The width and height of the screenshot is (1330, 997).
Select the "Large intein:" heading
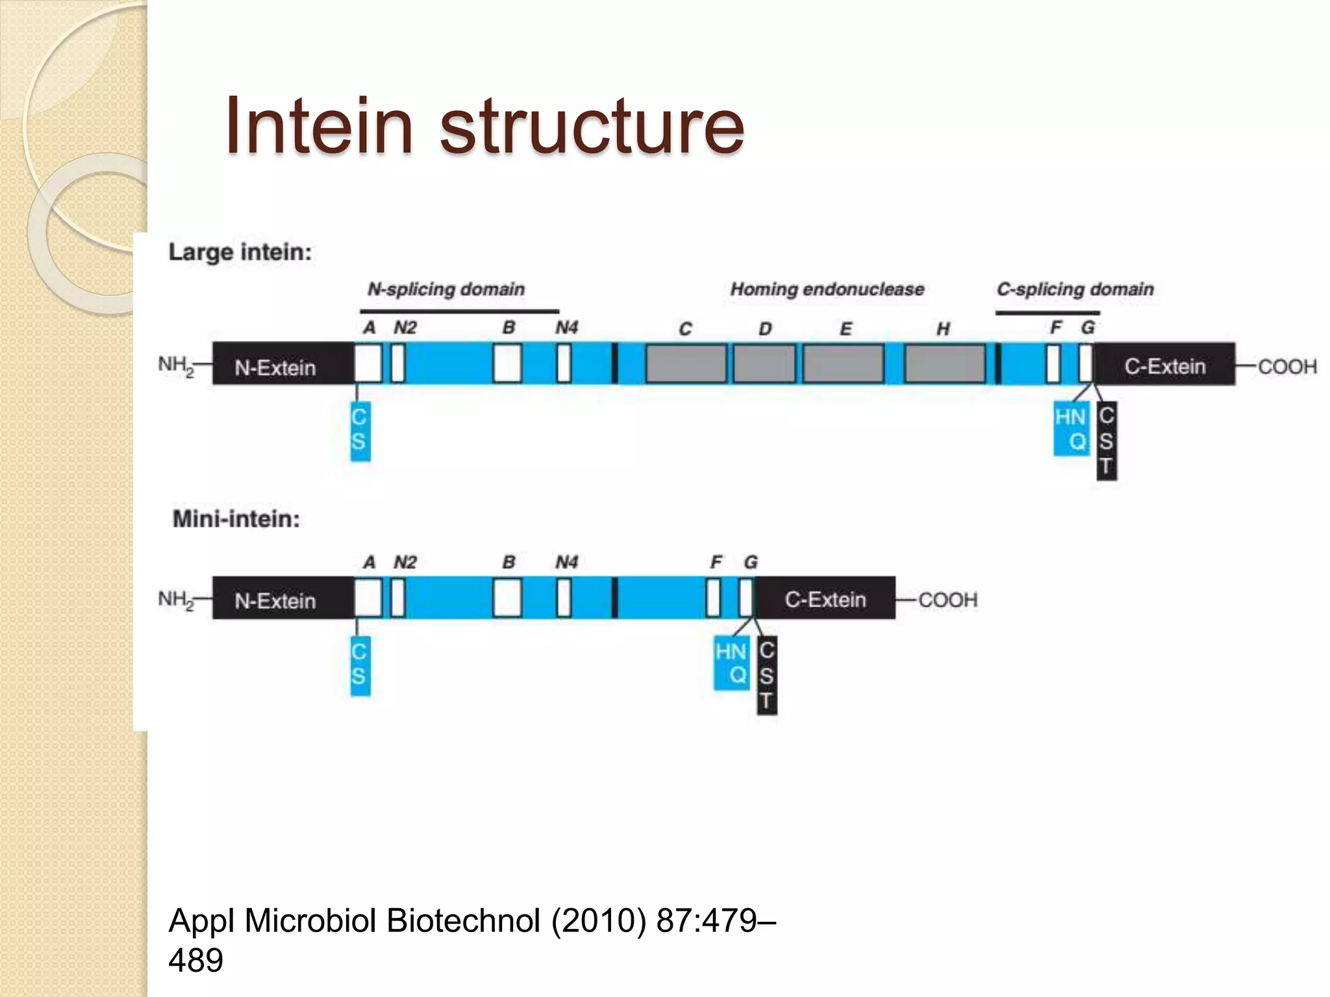[240, 252]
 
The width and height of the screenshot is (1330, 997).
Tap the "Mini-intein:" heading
[236, 519]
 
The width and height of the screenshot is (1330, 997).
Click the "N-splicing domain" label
[446, 289]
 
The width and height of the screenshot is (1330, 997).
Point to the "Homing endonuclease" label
[827, 289]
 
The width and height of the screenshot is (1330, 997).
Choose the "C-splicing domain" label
[1075, 289]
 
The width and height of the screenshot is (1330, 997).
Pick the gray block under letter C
[686, 364]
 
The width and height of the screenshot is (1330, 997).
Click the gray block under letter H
[945, 364]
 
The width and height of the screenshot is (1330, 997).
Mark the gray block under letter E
[843, 364]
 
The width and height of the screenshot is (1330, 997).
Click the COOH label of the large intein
[1287, 367]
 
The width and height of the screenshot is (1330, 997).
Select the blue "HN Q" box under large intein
[1071, 428]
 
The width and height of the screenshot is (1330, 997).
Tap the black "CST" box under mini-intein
[767, 675]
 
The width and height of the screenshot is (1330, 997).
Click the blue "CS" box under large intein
[360, 430]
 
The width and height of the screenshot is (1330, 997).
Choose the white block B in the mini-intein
[507, 598]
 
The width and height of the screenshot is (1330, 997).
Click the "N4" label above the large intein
[566, 328]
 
